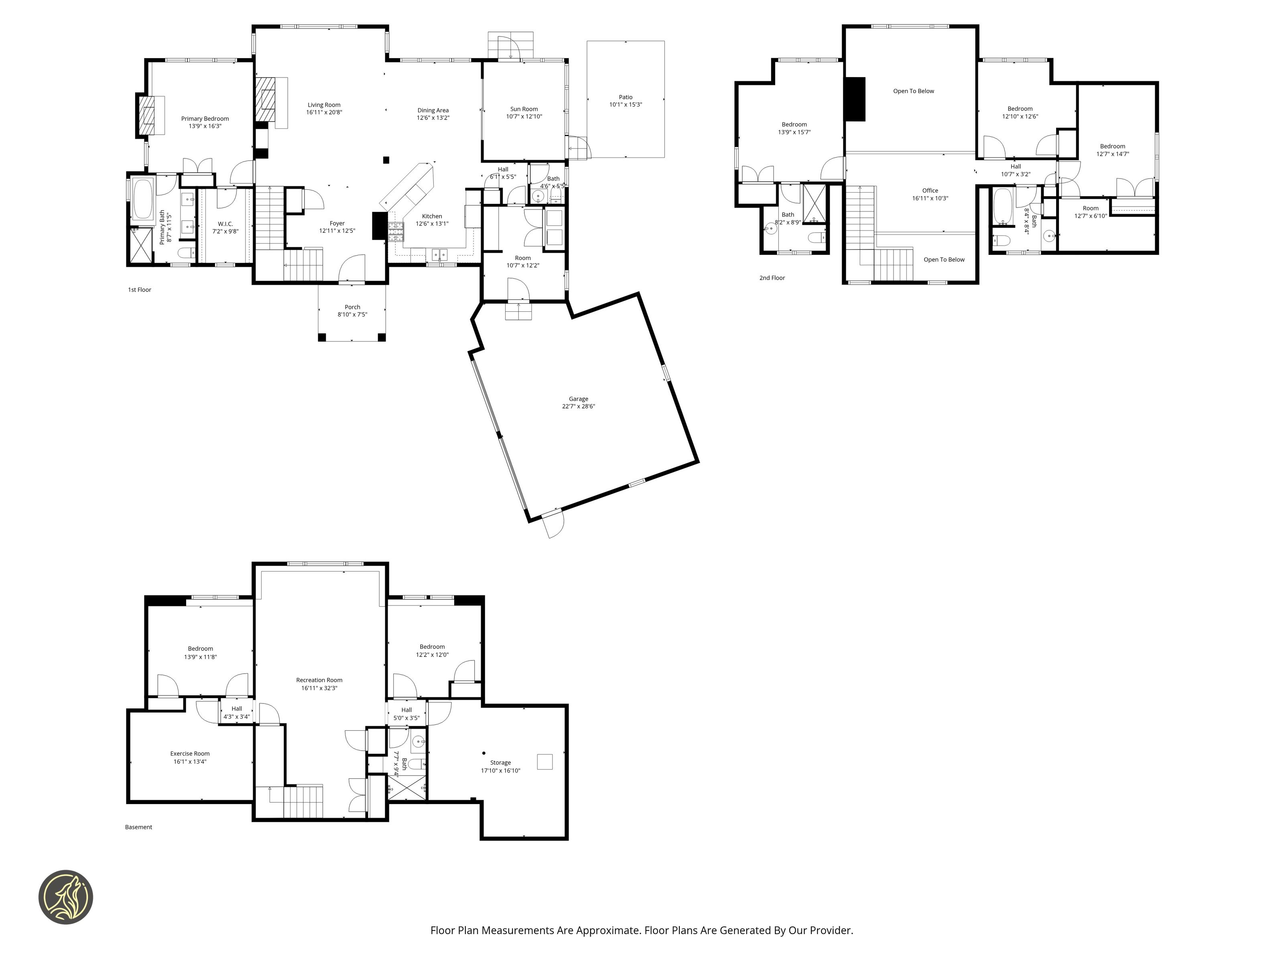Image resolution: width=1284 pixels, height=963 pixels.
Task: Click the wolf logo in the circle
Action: click(x=65, y=896)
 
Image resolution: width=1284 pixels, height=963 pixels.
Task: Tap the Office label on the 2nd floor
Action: click(x=930, y=191)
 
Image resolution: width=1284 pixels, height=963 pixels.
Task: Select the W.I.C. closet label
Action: click(x=225, y=224)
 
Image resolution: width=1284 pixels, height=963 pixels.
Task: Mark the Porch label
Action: click(x=352, y=307)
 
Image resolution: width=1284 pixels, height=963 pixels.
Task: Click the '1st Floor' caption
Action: click(x=139, y=290)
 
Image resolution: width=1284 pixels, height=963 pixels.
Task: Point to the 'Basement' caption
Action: click(x=139, y=827)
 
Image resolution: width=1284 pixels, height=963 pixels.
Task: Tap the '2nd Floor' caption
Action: click(x=772, y=278)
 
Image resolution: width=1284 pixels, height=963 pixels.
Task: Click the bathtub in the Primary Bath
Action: click(x=143, y=199)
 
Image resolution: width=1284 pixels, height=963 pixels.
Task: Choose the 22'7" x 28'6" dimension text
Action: click(x=578, y=406)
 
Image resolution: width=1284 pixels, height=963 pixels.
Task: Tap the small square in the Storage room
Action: click(x=544, y=762)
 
